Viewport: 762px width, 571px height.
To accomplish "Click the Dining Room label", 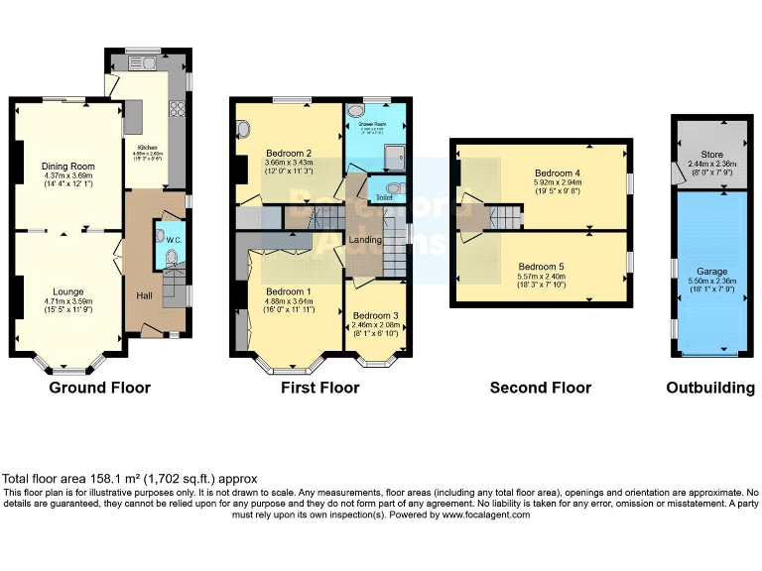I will tap(67, 166).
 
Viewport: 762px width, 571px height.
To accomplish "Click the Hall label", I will tap(144, 295).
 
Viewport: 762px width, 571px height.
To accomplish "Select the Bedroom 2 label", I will tap(289, 154).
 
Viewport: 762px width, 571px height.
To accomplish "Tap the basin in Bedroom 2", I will tap(244, 129).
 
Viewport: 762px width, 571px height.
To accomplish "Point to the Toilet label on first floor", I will tap(383, 197).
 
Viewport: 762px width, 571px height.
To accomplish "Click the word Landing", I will tap(366, 240).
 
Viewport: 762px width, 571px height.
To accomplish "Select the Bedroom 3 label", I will tap(376, 314).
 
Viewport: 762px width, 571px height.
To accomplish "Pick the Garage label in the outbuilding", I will tap(711, 271).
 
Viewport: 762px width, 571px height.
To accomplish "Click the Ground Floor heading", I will tap(100, 388).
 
